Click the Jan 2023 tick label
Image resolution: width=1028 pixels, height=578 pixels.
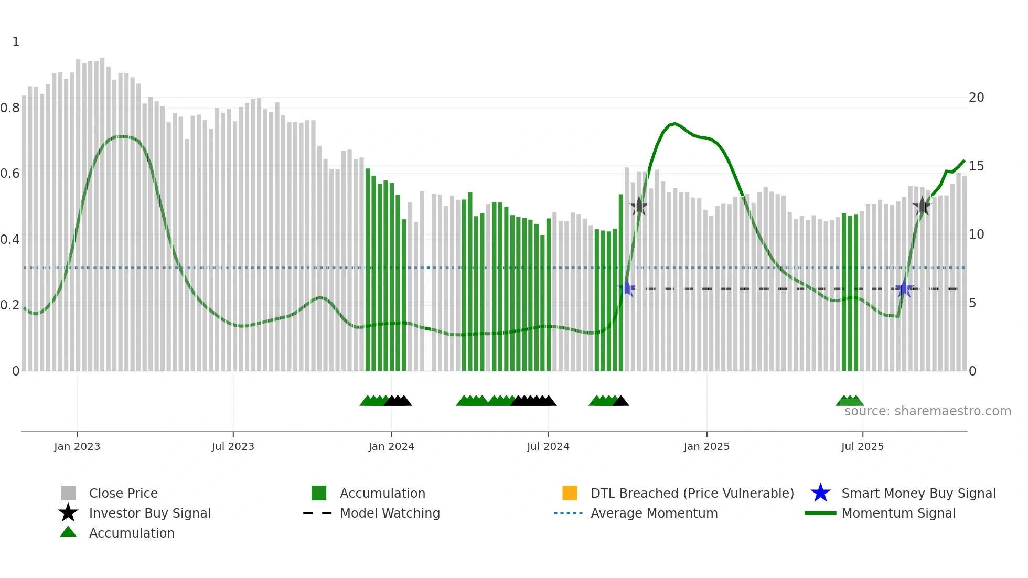(77, 446)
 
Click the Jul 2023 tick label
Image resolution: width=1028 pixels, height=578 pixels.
(233, 446)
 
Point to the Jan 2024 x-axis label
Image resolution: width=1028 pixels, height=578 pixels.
(391, 446)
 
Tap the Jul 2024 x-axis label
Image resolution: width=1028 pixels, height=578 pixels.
(548, 446)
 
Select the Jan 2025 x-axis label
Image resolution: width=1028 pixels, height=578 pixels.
(706, 446)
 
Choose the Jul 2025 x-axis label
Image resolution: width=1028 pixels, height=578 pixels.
(862, 446)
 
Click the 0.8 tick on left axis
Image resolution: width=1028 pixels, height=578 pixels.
(10, 108)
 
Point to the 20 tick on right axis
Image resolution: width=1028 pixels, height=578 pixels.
(976, 98)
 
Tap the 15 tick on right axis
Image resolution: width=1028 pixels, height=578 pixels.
(976, 166)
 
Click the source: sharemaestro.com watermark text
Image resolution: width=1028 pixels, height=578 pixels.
(927, 411)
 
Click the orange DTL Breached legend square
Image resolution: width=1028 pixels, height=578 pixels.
(570, 493)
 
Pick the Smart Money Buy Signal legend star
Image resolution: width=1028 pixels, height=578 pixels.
(820, 493)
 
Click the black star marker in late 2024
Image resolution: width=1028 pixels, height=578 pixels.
(639, 206)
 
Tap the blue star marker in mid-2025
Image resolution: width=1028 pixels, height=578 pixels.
(904, 288)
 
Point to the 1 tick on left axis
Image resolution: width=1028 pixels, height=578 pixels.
(16, 42)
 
